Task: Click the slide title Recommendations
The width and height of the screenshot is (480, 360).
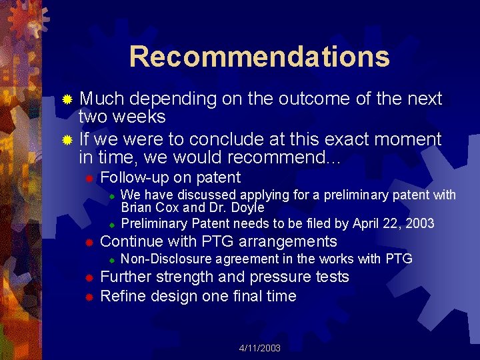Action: coord(259,57)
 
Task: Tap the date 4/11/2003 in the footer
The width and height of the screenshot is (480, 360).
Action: coord(260,349)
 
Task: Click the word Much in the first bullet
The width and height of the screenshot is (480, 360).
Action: coord(102,99)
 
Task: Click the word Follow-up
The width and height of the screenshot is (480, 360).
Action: coord(134,177)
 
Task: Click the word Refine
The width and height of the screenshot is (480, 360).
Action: coord(123,296)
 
